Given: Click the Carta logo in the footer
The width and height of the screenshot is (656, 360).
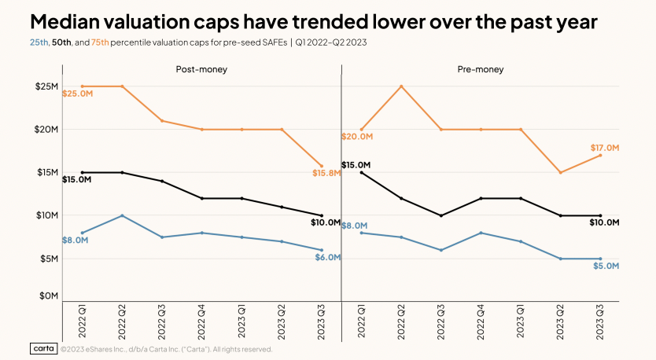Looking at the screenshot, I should click(x=45, y=348).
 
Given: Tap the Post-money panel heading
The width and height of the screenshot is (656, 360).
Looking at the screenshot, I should click(x=201, y=70).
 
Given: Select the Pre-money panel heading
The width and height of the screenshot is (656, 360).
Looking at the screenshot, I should click(x=481, y=70).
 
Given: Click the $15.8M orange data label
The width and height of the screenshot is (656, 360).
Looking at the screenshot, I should click(x=326, y=173).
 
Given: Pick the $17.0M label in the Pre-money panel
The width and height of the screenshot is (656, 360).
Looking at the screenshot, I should click(x=606, y=148).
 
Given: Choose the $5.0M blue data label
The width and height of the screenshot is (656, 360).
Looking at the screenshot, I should click(x=606, y=266).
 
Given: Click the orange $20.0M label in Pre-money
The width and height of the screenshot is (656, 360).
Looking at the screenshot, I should click(x=356, y=137).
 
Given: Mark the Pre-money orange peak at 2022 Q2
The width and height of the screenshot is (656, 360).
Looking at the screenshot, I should click(x=401, y=86).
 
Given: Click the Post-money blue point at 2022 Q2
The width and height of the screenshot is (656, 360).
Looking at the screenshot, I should click(x=122, y=215).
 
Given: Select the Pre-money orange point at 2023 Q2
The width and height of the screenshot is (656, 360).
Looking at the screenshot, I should click(x=561, y=172).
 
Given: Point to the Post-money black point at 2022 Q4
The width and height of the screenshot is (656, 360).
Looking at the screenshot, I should click(x=202, y=198).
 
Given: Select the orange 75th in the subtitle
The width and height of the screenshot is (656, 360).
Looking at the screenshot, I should click(x=101, y=42).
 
